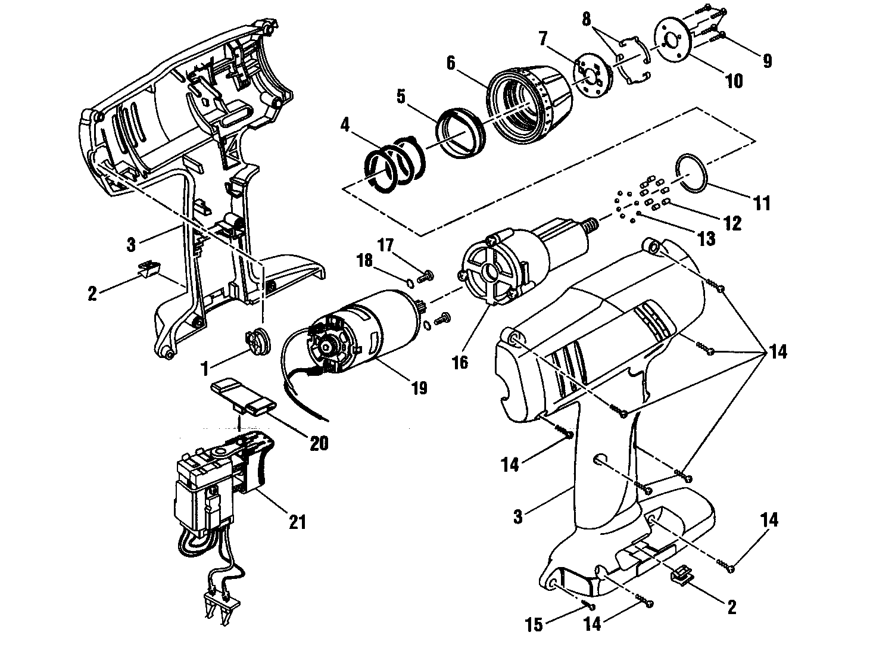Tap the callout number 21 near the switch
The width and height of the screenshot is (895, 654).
click(297, 522)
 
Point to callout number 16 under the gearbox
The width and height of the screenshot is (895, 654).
click(460, 362)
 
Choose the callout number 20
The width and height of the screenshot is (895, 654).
click(319, 443)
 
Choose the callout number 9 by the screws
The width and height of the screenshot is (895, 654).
click(767, 60)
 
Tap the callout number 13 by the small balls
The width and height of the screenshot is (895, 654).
click(706, 239)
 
